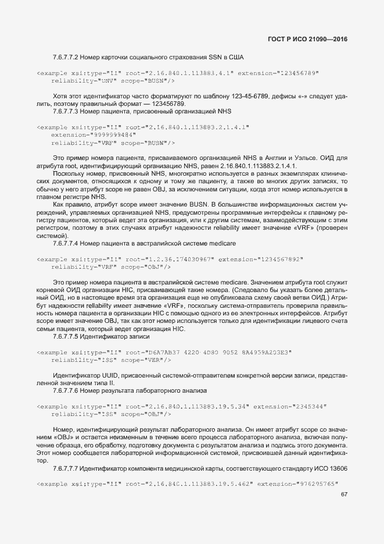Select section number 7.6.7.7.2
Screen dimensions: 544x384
pyautogui.click(x=64, y=58)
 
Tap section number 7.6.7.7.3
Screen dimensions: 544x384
pyautogui.click(x=64, y=111)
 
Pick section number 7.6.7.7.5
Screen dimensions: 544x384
pyautogui.click(x=64, y=337)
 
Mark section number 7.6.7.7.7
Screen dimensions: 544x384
pyautogui.click(x=64, y=468)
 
